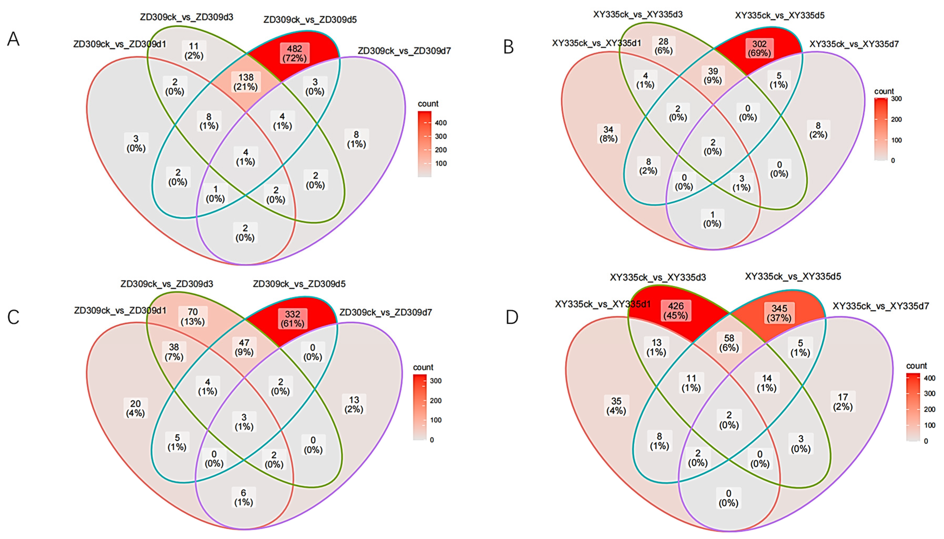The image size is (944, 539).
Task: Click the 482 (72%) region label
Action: click(x=294, y=53)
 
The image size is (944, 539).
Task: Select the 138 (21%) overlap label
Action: click(x=245, y=82)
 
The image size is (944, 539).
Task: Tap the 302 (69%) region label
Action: click(x=759, y=48)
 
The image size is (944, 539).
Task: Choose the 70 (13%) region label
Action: click(x=193, y=316)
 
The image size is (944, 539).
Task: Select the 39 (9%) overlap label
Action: click(x=713, y=76)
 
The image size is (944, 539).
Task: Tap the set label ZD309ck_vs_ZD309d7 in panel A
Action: click(x=404, y=51)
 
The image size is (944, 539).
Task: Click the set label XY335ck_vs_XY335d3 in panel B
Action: click(x=638, y=14)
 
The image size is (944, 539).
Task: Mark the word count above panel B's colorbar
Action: click(x=884, y=91)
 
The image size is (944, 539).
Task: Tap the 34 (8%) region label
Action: click(x=608, y=134)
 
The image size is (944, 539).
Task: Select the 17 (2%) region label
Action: click(x=843, y=402)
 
